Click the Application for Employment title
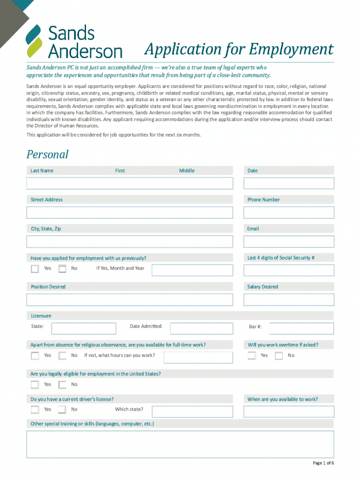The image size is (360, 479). [x=238, y=49]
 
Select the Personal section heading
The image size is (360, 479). [x=47, y=154]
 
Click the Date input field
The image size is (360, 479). [x=288, y=183]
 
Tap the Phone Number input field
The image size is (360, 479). [x=288, y=212]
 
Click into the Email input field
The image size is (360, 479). [x=288, y=241]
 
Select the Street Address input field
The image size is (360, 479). [x=130, y=212]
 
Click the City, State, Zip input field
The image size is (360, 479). [x=130, y=241]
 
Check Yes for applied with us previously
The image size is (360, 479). [x=35, y=269]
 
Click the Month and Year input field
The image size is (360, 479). [x=192, y=271]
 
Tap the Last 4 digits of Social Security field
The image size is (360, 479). [x=288, y=270]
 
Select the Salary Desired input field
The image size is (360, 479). [x=288, y=299]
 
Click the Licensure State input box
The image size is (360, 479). [x=84, y=328]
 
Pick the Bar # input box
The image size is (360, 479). [x=301, y=328]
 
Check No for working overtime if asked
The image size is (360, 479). [x=279, y=356]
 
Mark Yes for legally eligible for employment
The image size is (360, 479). [x=35, y=385]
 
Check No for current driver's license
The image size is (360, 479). [x=62, y=410]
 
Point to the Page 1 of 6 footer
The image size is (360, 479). [x=323, y=463]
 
